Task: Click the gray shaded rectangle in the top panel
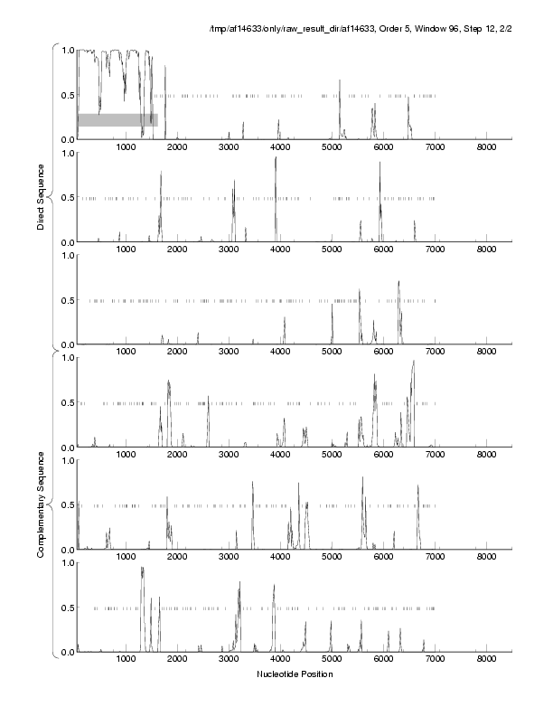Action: pyautogui.click(x=117, y=119)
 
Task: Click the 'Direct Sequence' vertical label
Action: pyautogui.click(x=42, y=195)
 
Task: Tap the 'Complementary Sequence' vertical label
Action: pyautogui.click(x=42, y=503)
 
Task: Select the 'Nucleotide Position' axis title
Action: pyautogui.click(x=295, y=674)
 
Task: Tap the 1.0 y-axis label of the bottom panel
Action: pyautogui.click(x=66, y=562)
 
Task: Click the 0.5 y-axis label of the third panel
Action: pyautogui.click(x=66, y=300)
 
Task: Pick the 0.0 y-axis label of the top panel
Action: pyautogui.click(x=66, y=139)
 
